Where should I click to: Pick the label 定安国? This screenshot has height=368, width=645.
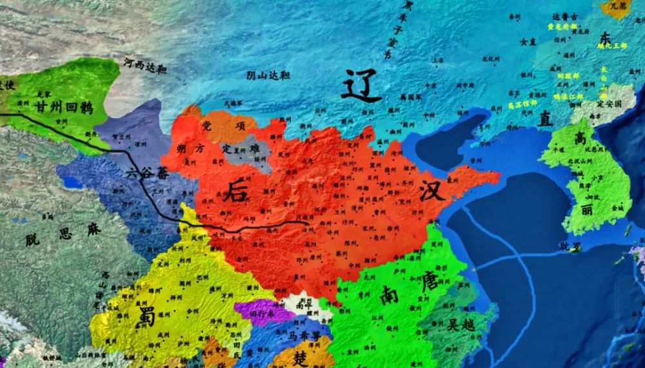608,102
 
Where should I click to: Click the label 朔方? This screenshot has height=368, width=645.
190,148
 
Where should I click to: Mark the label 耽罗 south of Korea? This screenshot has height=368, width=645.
570,246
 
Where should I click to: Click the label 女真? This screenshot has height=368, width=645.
528,41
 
